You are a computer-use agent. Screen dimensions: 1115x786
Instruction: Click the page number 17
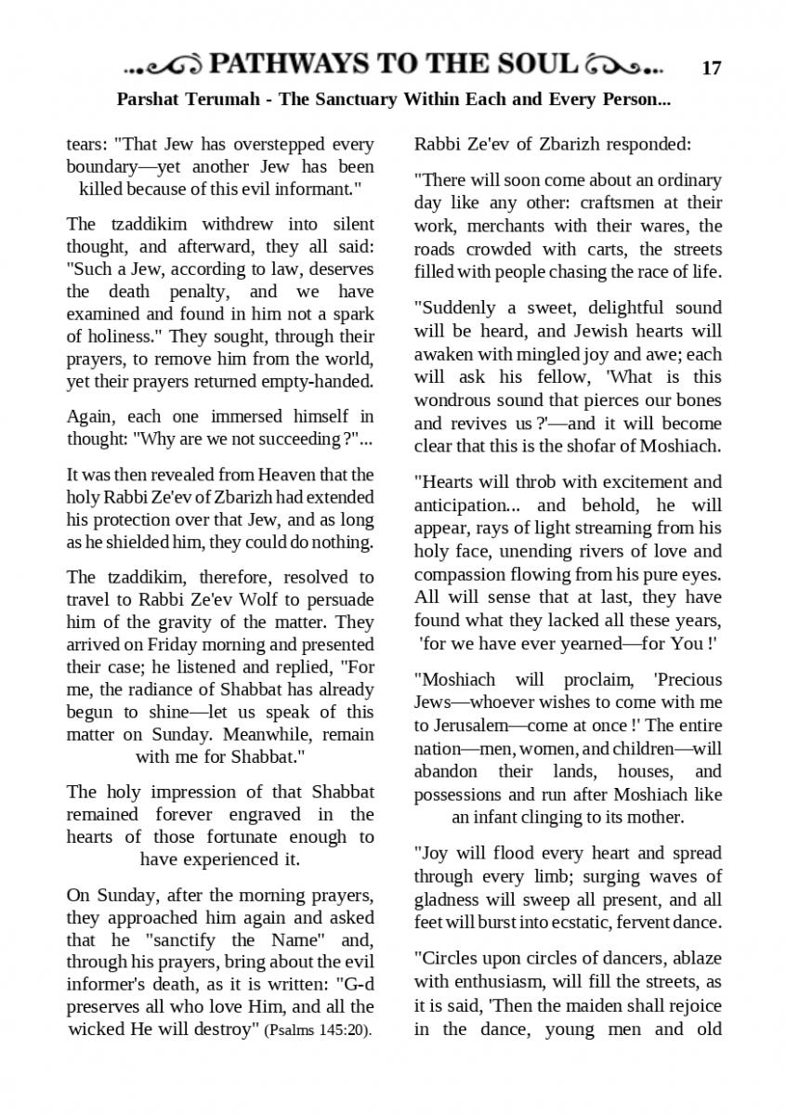coord(712,68)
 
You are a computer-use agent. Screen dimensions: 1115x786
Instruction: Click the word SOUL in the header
coord(533,64)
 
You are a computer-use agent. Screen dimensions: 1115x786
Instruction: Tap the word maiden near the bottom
coord(567,1005)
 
